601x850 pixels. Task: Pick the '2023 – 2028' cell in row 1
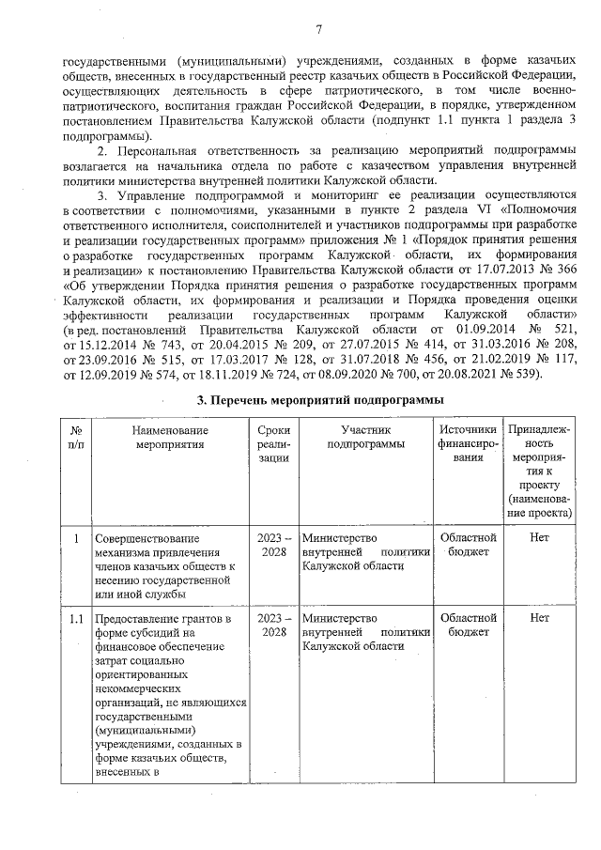(273, 545)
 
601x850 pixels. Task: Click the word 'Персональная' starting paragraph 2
(164, 151)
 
